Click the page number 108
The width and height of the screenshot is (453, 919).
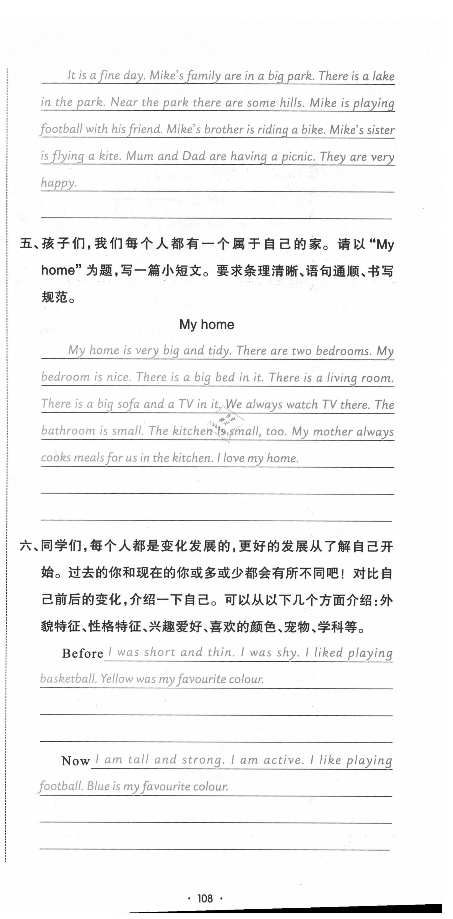(x=205, y=898)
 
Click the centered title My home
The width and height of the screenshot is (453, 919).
(x=207, y=324)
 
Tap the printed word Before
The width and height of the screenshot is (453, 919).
(x=82, y=653)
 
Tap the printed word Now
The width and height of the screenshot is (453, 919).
(x=75, y=761)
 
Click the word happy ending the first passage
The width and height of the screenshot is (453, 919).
(x=58, y=183)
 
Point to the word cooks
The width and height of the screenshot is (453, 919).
(x=56, y=458)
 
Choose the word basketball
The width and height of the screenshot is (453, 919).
(x=68, y=679)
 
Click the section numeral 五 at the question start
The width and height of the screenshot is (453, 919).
(x=26, y=244)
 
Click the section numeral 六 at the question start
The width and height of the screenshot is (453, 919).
(x=26, y=546)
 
